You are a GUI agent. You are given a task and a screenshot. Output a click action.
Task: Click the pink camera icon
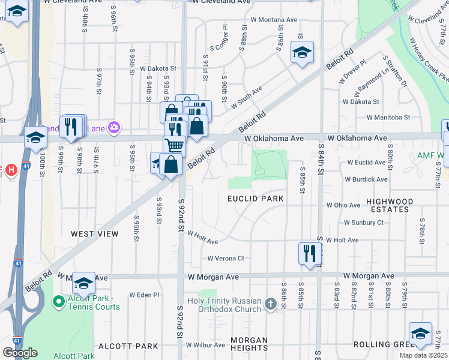click(115, 127)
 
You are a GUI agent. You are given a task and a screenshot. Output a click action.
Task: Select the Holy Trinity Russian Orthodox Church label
click(232, 305)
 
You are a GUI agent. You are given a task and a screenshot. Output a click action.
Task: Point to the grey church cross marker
click(270, 305)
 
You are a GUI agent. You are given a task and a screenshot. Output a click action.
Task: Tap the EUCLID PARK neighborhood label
click(255, 198)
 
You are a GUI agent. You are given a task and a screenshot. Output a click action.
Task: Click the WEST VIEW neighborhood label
click(94, 234)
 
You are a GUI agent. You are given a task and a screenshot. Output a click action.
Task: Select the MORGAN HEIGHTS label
click(249, 344)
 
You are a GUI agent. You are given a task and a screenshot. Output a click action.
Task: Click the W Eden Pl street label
click(144, 295)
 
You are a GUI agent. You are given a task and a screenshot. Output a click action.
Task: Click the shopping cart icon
click(174, 145)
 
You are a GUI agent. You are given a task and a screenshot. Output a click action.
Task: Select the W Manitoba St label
click(388, 118)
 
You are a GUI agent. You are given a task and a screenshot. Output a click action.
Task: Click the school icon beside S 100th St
click(35, 137)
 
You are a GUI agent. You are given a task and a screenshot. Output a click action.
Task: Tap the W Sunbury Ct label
click(364, 222)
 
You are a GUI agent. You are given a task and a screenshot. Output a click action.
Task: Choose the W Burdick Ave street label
click(366, 179)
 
